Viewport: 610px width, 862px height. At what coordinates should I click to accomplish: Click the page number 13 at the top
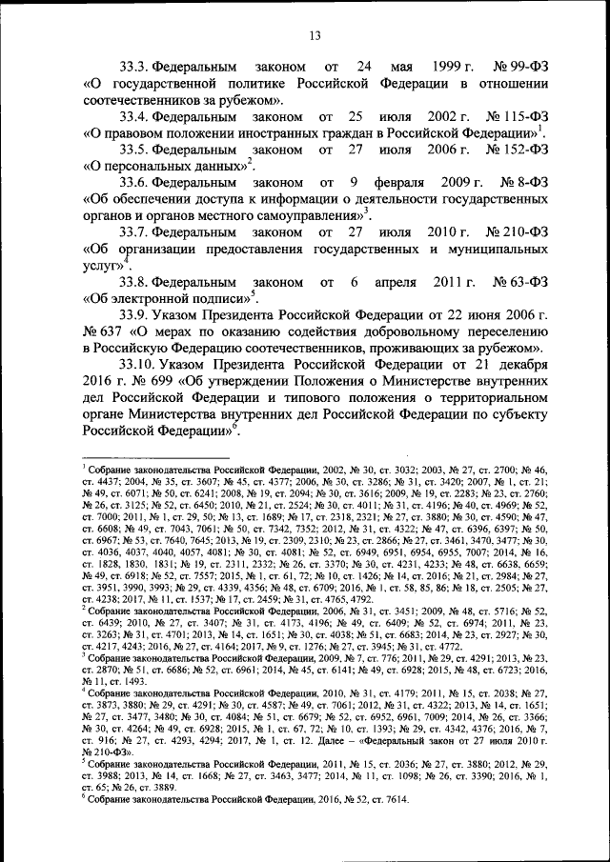315,37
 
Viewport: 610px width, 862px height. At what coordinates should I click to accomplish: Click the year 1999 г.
456,69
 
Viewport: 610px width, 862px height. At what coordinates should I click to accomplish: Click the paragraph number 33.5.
137,150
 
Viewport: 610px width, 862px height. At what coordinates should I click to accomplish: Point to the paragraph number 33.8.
137,283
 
